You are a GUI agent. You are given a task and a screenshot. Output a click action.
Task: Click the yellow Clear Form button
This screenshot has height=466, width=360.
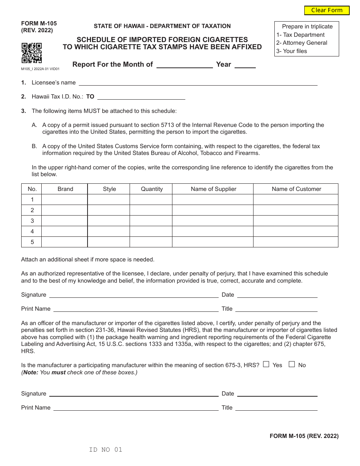coord(327,10)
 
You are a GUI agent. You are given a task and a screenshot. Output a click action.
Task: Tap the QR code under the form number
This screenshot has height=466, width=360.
coord(31,53)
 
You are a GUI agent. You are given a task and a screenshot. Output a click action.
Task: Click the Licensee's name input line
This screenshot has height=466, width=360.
coord(197,83)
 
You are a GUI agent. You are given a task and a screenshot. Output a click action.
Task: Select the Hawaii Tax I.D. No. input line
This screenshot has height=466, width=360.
coord(141,97)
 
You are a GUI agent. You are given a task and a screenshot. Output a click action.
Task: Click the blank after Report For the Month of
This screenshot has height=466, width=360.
coord(185,64)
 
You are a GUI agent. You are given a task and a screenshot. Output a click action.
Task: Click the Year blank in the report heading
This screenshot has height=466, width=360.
coord(245,64)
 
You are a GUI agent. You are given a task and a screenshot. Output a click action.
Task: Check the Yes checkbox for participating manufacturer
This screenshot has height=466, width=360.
coord(266,364)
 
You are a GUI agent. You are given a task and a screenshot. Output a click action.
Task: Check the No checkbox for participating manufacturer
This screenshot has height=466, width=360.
coord(292,364)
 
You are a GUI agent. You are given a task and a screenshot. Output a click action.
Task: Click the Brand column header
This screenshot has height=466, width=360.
coord(65,189)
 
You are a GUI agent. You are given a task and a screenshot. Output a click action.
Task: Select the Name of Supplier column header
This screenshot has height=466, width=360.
coord(213,189)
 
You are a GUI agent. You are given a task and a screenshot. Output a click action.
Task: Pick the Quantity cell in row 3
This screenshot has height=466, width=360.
coord(151,221)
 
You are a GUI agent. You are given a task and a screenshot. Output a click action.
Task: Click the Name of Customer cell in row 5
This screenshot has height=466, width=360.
coord(296,242)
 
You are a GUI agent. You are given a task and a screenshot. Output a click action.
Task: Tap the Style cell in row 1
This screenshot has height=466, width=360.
coord(109,200)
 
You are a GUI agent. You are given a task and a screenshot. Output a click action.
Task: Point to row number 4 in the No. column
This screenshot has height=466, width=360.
coord(32,231)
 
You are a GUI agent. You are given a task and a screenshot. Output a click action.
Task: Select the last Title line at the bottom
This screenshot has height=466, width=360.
coord(276,408)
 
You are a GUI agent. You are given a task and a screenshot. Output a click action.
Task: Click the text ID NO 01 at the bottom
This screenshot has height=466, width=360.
coord(106,450)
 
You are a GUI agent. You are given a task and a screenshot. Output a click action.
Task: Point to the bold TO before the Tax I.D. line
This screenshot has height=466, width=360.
coord(90,97)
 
